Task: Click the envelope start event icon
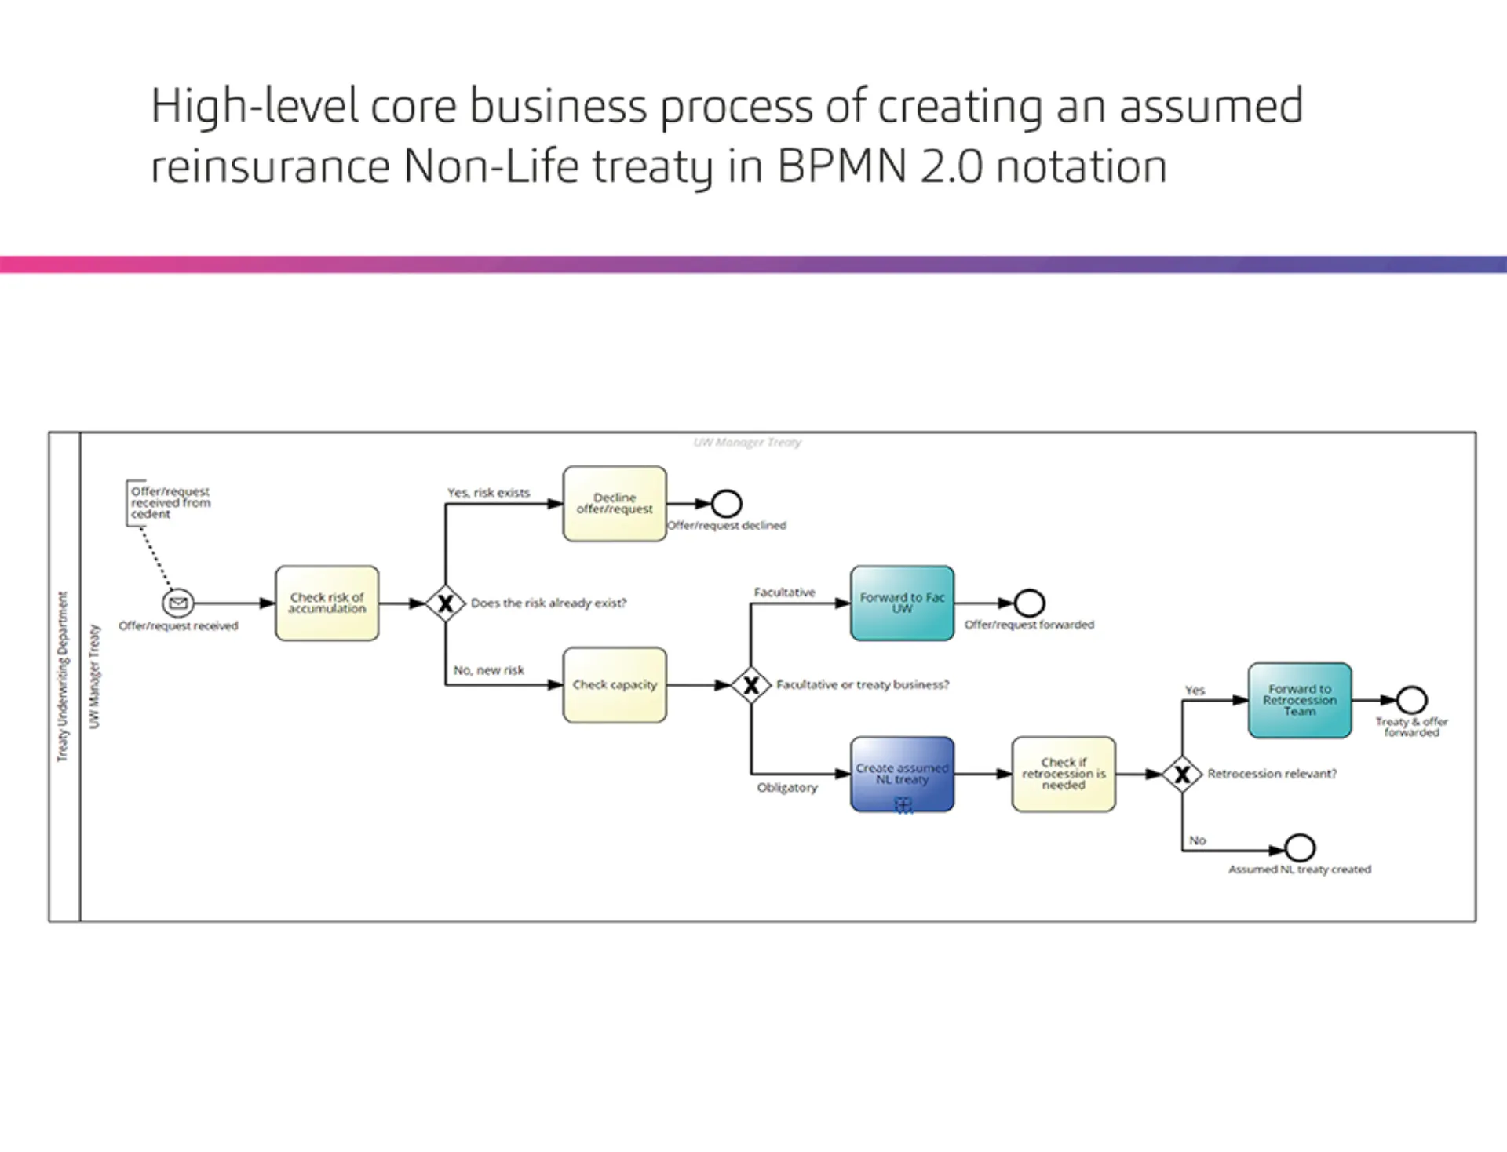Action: [178, 603]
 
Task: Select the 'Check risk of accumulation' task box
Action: [327, 603]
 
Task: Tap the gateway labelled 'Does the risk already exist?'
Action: [445, 603]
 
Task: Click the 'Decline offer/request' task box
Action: [614, 503]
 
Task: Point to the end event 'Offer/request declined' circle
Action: [726, 503]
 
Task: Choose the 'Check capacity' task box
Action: [614, 684]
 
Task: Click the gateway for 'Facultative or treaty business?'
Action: [750, 684]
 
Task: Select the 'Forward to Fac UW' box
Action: [902, 603]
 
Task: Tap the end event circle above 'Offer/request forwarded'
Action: [1029, 603]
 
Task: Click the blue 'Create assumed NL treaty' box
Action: [902, 773]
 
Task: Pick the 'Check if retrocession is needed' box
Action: [1063, 773]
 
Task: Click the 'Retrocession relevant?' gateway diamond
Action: [1181, 774]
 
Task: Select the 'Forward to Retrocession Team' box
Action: [1299, 699]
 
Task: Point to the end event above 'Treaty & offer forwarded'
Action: [1411, 699]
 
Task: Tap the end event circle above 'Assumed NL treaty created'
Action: [1299, 848]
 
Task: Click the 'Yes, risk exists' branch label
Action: [488, 493]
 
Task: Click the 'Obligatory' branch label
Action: [786, 787]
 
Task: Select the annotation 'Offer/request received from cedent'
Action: [170, 502]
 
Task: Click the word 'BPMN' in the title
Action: [841, 166]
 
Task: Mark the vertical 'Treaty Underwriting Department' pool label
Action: [63, 676]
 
